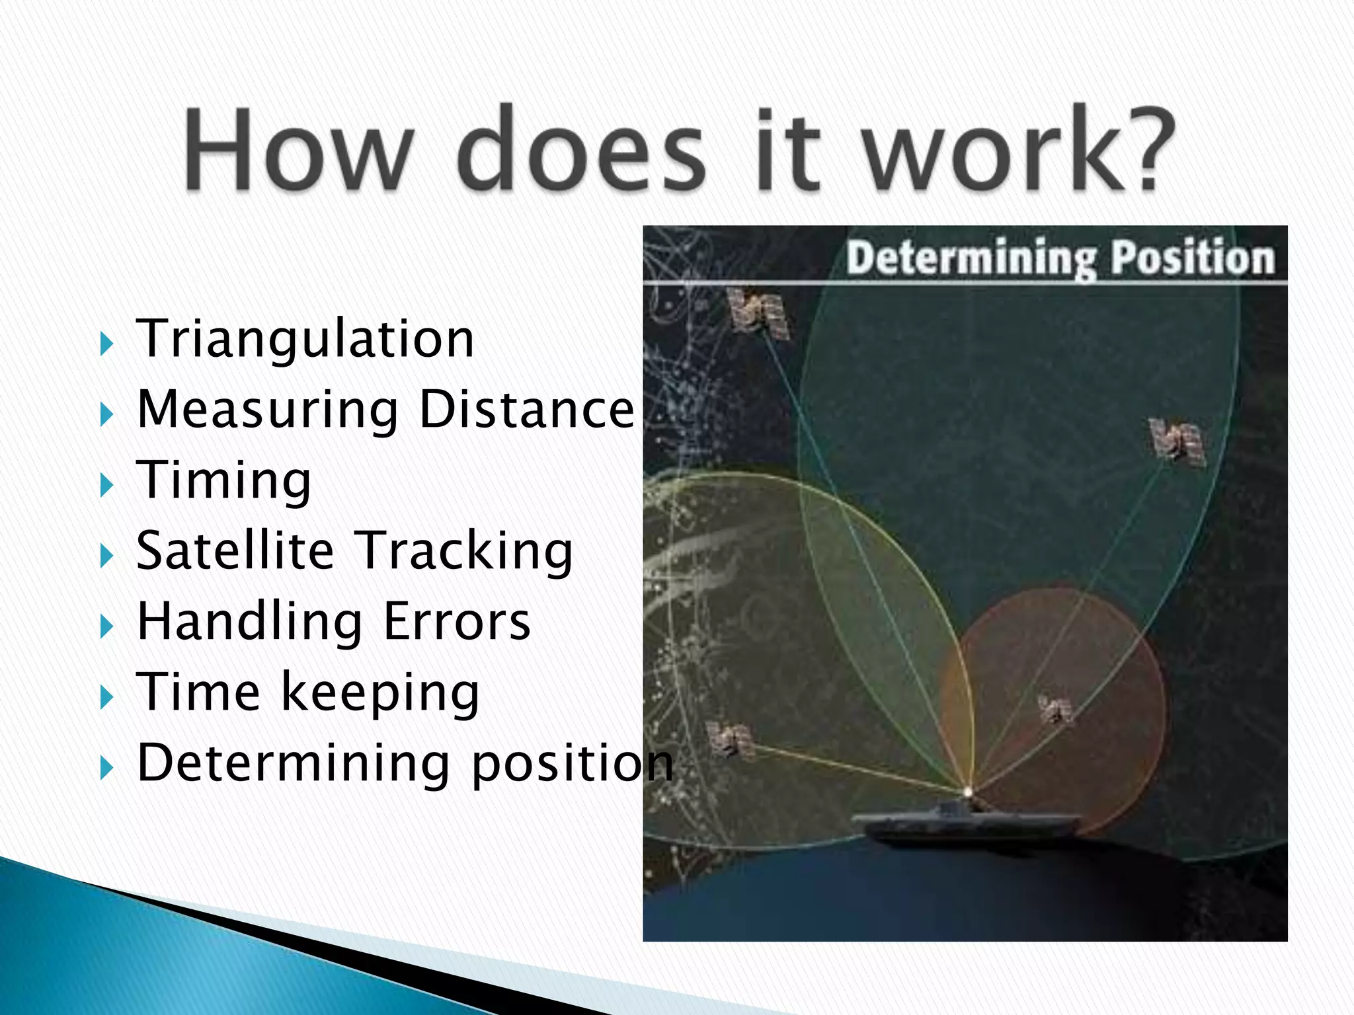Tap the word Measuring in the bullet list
coord(267,410)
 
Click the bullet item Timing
coord(223,480)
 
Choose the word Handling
coord(249,622)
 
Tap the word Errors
coord(457,622)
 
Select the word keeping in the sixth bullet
coord(380,693)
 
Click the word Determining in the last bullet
coord(293,763)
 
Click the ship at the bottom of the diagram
coord(965,823)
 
